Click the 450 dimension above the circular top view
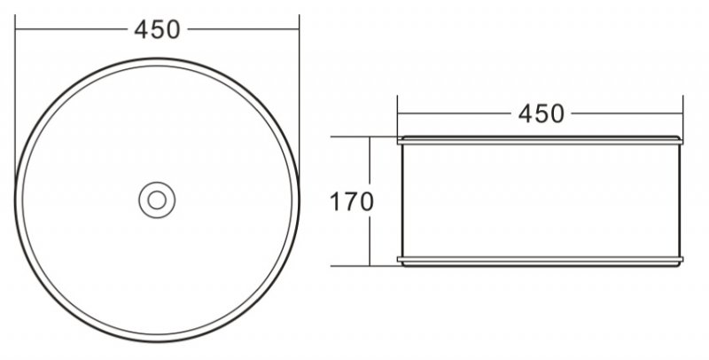[157, 29]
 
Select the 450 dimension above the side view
[540, 113]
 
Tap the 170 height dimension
[352, 201]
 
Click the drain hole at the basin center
[157, 200]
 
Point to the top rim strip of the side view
[540, 139]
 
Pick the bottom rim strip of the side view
[540, 261]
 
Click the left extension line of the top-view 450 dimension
[16, 89]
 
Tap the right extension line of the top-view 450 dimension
[299, 89]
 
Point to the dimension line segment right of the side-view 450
[626, 113]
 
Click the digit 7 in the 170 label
[351, 201]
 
